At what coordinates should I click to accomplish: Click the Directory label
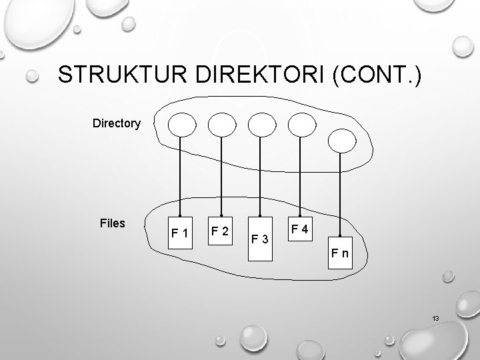[x=117, y=123]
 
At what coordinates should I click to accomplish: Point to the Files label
[x=112, y=223]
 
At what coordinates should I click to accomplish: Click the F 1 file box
[x=179, y=233]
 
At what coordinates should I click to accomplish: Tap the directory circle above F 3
[x=260, y=123]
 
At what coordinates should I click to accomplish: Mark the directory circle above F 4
[x=301, y=123]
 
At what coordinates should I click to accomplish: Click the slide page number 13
[x=435, y=319]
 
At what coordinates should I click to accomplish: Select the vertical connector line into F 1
[x=179, y=173]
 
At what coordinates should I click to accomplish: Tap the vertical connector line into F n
[x=341, y=193]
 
